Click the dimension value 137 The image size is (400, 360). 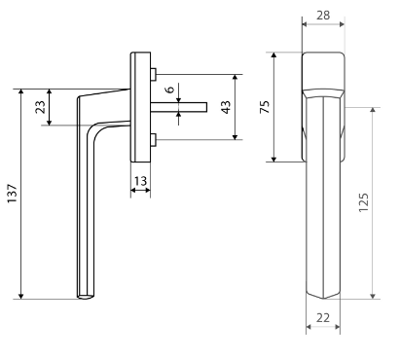pos(12,194)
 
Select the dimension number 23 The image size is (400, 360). pos(40,107)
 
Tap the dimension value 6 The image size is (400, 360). pos(170,89)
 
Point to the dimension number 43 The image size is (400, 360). pos(226,107)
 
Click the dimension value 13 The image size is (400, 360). pos(140,181)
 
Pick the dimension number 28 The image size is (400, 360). pos(323,15)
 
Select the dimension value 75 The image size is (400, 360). pos(265,107)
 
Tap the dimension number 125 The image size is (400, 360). pos(364,202)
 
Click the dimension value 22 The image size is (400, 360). pos(323,318)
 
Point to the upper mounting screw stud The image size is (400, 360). pos(154,74)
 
